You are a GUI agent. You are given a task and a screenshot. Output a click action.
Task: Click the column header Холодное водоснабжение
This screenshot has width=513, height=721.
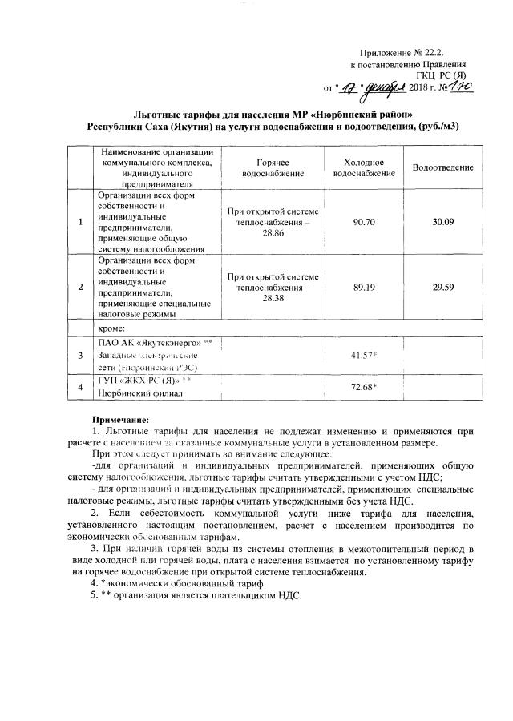pyautogui.click(x=364, y=167)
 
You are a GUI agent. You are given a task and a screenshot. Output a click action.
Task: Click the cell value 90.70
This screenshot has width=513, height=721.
pyautogui.click(x=364, y=222)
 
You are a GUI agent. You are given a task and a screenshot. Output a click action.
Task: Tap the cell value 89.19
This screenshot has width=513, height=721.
pyautogui.click(x=364, y=284)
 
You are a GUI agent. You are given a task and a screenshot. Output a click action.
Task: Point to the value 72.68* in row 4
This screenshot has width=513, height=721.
pyautogui.click(x=365, y=387)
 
